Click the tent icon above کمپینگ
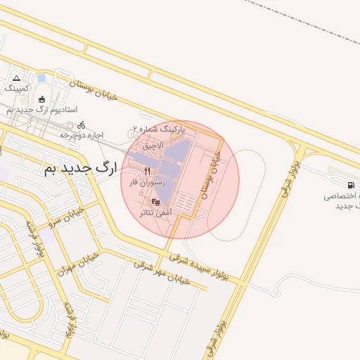17,77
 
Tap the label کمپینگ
18,89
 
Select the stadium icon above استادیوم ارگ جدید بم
42,99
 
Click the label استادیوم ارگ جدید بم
42,110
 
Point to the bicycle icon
82,124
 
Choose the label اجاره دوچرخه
82,134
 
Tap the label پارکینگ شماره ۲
159,129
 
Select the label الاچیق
153,146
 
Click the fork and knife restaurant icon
147,171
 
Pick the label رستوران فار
146,182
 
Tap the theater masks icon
155,201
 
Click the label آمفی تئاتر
155,212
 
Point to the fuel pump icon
332,172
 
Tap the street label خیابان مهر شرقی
162,274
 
